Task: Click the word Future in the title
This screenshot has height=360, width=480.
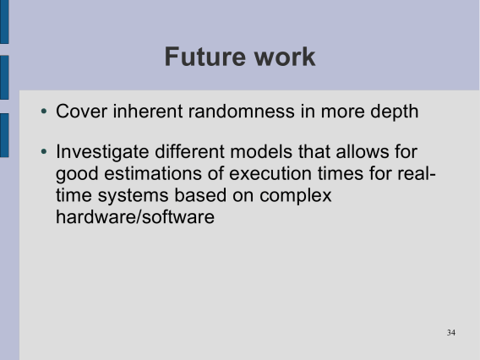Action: coord(205,57)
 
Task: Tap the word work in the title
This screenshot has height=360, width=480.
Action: coord(285,57)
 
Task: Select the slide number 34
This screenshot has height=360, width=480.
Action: coord(451,332)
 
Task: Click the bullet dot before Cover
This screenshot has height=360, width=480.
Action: coord(44,111)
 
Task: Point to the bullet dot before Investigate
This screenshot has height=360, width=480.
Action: coord(44,151)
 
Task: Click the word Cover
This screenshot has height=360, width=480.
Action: coord(81,111)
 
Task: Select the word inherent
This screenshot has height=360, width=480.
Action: coord(148,111)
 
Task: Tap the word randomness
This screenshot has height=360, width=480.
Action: coord(241,111)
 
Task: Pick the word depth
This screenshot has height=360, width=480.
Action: coord(395,112)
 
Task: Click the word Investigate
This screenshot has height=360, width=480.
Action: coord(102,152)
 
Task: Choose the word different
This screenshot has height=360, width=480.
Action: coord(190,151)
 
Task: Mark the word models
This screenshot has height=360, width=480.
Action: coord(261,151)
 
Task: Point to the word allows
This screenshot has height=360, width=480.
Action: coord(362,151)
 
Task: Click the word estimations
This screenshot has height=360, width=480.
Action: coord(153,173)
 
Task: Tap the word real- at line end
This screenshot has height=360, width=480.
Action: coord(417,173)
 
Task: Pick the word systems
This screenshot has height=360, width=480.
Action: coord(134,196)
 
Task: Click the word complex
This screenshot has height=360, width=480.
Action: coord(296,196)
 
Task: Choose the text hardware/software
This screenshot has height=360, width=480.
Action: coord(135,216)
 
